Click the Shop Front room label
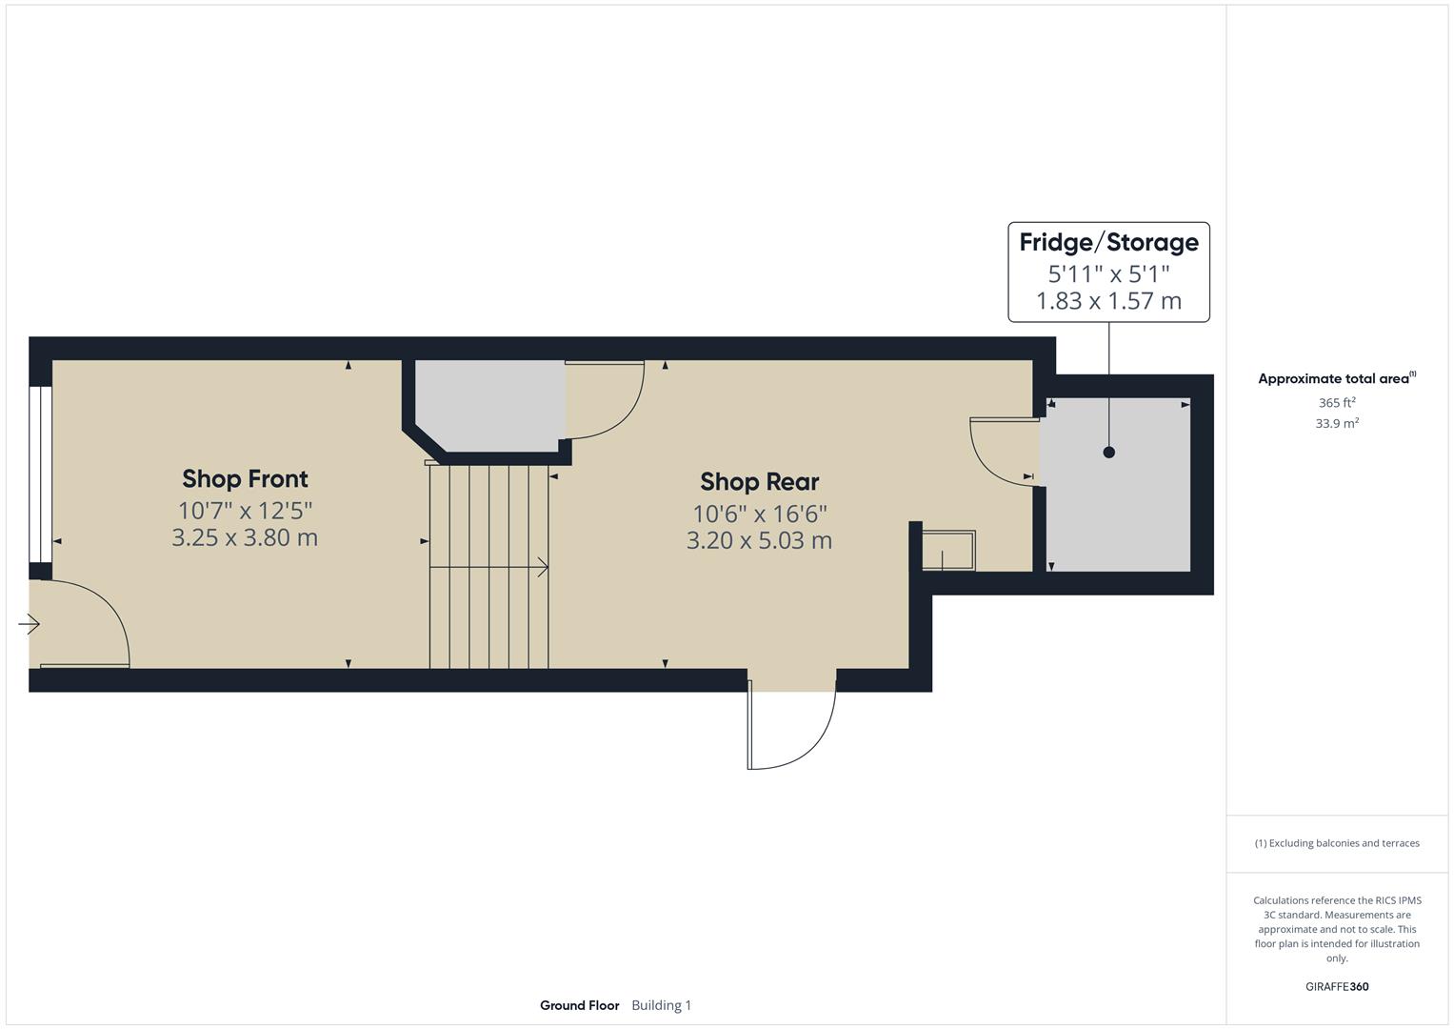click(x=245, y=478)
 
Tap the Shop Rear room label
click(x=759, y=481)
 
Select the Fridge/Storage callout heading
click(x=1108, y=242)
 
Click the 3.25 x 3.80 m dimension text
click(x=245, y=537)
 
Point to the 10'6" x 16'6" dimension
click(x=759, y=514)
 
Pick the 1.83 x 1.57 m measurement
click(x=1108, y=301)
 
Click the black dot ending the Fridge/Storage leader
click(x=1108, y=453)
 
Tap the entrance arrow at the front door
click(x=29, y=625)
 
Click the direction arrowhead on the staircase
click(x=543, y=568)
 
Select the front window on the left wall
click(x=40, y=474)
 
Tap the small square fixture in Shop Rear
click(x=948, y=551)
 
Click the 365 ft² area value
click(x=1337, y=403)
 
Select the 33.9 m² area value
click(x=1337, y=424)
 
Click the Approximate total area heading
click(x=1336, y=379)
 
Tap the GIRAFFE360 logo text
click(x=1337, y=987)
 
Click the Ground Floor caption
click(x=579, y=1005)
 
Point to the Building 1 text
click(x=661, y=1005)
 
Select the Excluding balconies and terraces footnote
click(x=1337, y=843)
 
